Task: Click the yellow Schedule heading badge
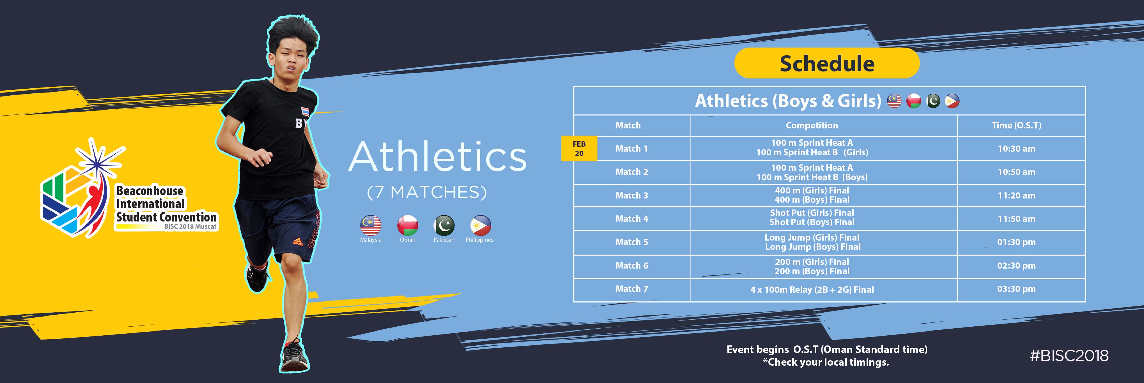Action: (826, 63)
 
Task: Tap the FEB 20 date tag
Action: (579, 148)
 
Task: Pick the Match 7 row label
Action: (631, 289)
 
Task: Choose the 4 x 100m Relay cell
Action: (812, 289)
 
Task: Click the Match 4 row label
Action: (631, 218)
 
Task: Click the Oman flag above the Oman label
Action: (407, 225)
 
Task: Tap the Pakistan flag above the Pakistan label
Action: (444, 225)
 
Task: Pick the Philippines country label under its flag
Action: (480, 240)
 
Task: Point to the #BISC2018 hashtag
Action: (1069, 356)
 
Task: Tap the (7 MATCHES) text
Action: (427, 192)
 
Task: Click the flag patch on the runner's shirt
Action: (305, 112)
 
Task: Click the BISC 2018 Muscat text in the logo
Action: (190, 226)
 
